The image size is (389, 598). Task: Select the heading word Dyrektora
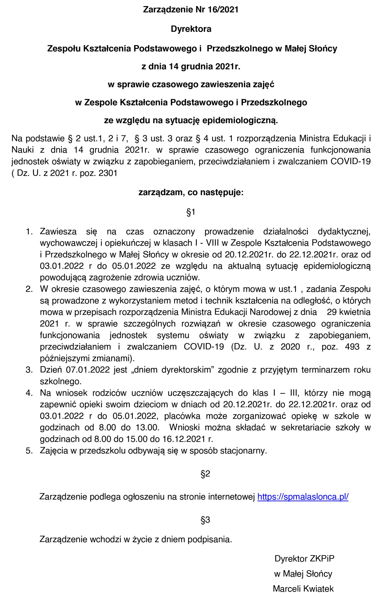point(191,29)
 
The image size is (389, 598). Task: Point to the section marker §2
point(205,474)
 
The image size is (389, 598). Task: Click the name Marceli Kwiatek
point(303,589)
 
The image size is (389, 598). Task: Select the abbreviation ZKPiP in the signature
point(322,559)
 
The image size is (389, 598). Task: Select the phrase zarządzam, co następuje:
point(191,192)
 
